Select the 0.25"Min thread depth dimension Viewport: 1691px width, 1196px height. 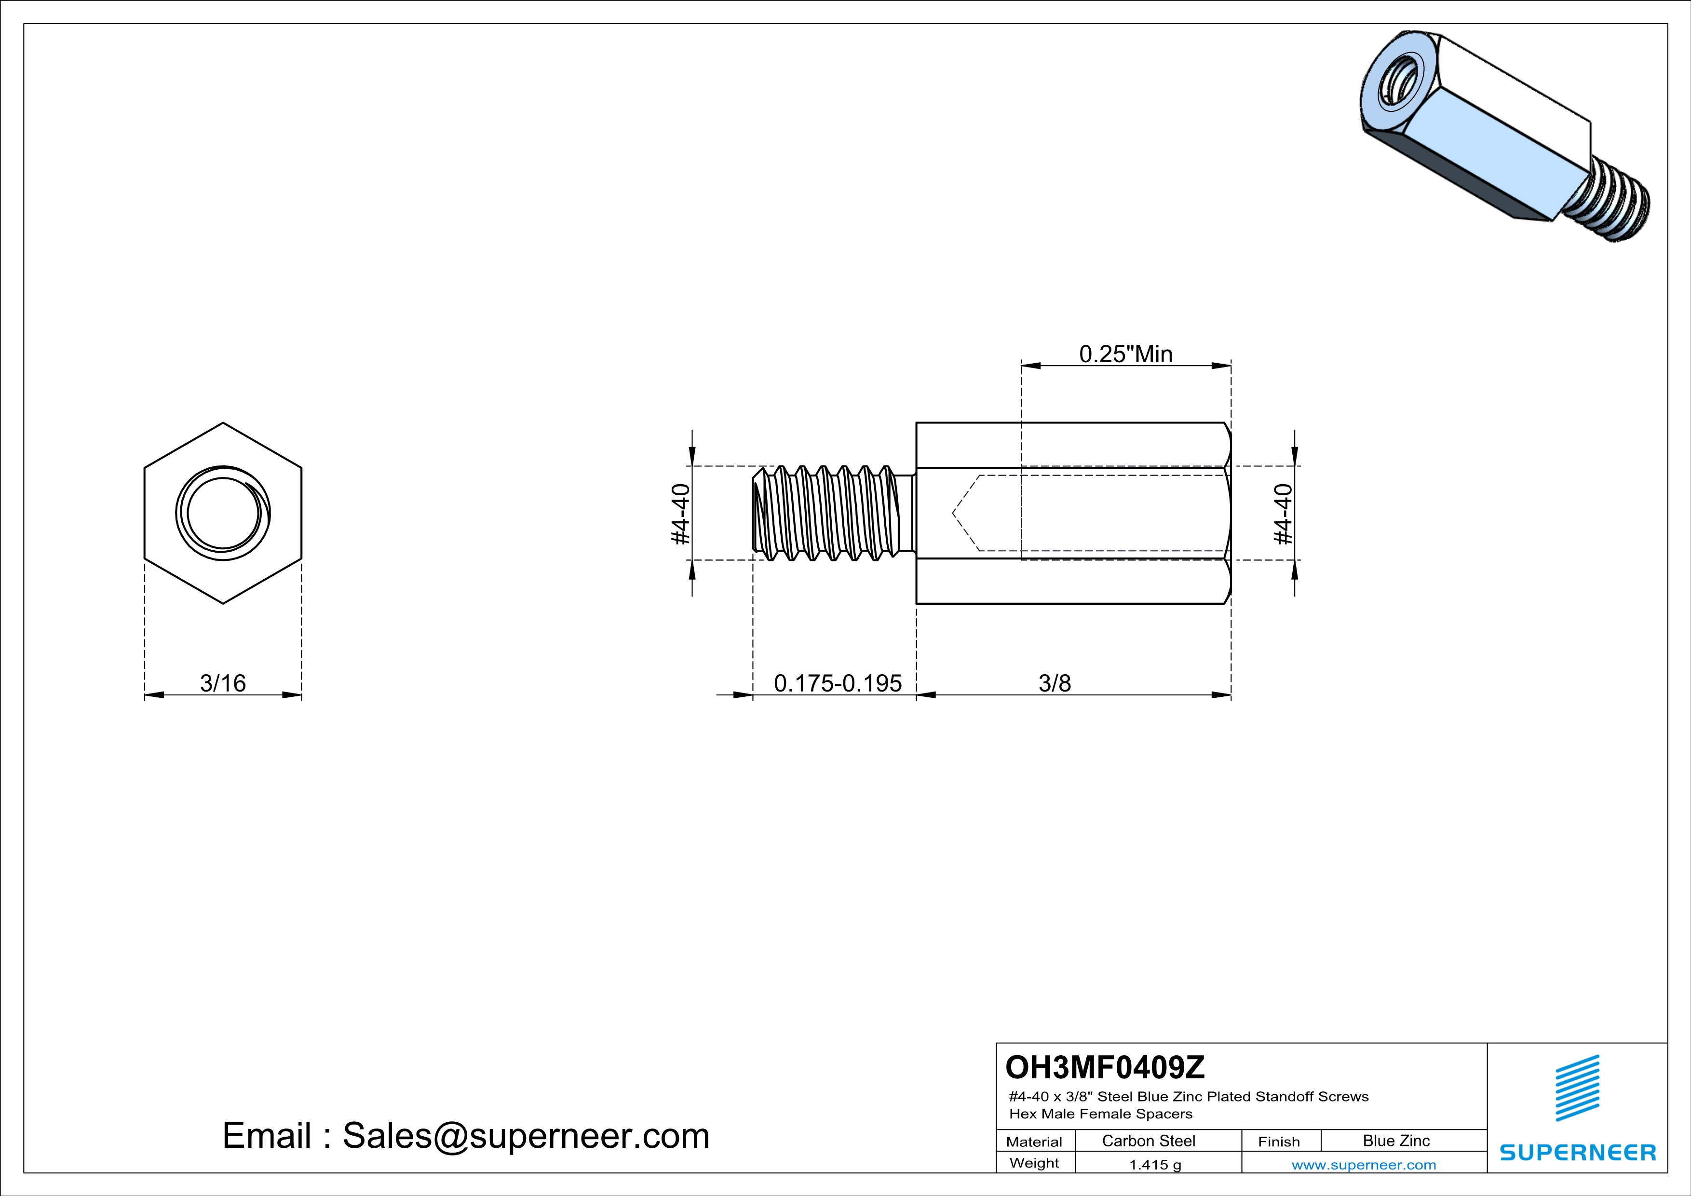[x=1125, y=354]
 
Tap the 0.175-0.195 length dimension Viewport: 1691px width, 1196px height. [x=838, y=683]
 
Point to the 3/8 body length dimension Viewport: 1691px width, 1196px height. [x=1055, y=683]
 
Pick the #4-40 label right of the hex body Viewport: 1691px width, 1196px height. [x=1284, y=514]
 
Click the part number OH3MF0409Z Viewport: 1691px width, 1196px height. [x=1105, y=1066]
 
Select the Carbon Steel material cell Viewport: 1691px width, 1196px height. [x=1148, y=1141]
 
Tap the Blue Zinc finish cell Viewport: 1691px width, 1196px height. [x=1395, y=1141]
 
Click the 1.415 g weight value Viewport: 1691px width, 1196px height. [x=1155, y=1164]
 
